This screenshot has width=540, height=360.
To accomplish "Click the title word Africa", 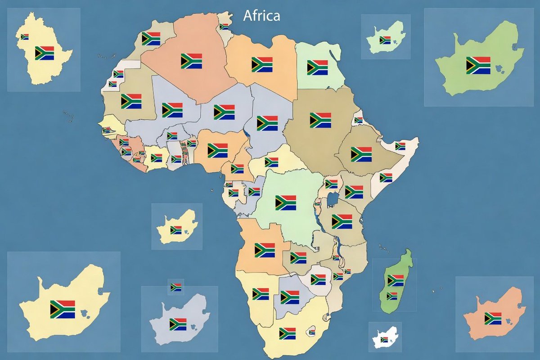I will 261,16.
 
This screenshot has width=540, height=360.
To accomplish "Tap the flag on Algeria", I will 191,61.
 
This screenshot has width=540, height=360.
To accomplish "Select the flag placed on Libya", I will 262,65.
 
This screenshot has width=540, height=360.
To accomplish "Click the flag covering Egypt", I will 317,67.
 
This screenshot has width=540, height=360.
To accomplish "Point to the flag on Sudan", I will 320,120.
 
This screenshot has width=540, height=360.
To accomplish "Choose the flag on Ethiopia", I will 361,154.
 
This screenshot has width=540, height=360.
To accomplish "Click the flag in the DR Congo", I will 286,203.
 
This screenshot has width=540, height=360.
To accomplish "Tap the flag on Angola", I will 265,250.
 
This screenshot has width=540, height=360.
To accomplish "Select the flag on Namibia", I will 261,294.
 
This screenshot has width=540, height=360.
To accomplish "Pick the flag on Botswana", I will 290,297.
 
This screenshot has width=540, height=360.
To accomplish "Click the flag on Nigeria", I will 217,150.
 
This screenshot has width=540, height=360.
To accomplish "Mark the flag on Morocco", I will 151,39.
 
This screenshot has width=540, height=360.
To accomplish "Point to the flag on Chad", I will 267,123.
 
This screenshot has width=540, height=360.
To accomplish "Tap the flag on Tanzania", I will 342,221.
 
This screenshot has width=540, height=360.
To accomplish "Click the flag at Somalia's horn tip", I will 400,146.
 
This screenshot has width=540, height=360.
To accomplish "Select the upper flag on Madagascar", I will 396,281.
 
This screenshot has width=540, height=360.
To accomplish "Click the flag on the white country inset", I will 384,339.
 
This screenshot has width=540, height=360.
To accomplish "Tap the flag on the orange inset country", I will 493,318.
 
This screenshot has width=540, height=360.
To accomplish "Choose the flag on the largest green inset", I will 478,65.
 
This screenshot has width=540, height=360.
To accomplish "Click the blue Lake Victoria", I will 333,198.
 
